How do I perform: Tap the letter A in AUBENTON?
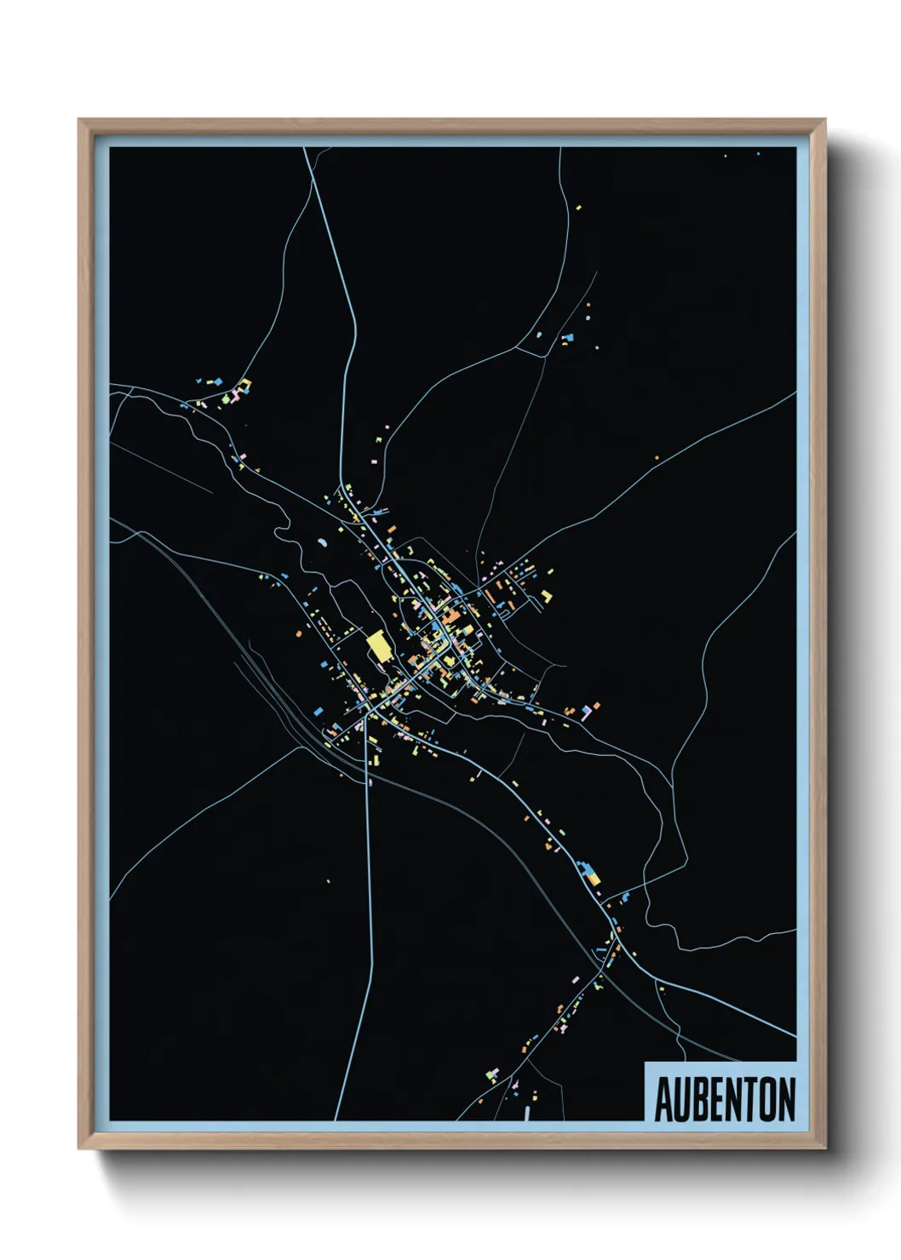[x=663, y=1100]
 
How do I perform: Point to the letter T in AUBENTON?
[x=749, y=1100]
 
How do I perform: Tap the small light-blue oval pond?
[x=322, y=541]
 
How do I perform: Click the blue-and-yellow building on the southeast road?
[x=590, y=873]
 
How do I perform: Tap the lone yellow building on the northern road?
[x=578, y=207]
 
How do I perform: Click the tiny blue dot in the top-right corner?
[x=758, y=154]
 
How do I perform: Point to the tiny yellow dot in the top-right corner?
[x=725, y=156]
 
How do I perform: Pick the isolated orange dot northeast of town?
[x=657, y=458]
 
